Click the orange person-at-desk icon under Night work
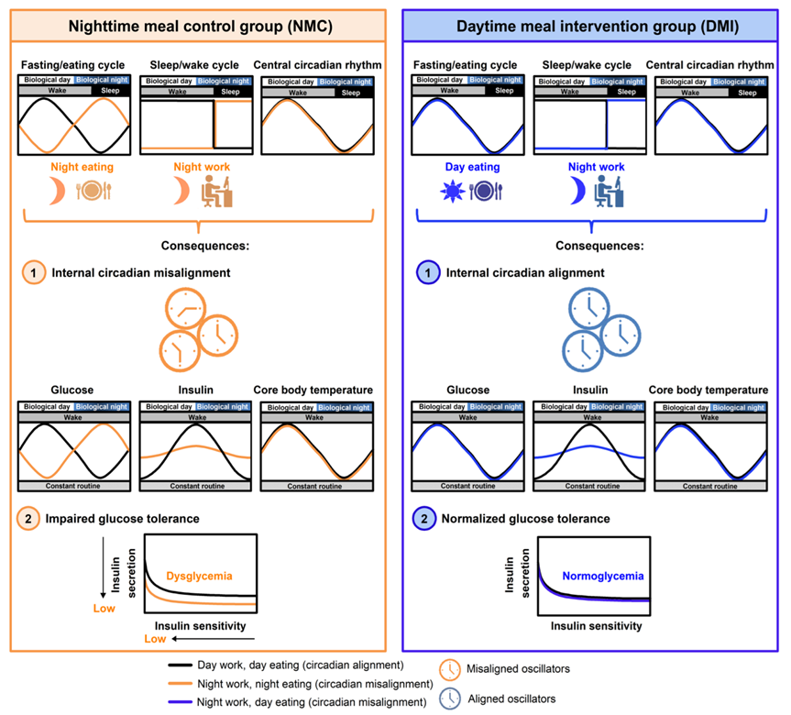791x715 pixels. click(x=212, y=190)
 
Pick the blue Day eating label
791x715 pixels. click(x=464, y=168)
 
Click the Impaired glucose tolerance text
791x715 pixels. click(x=126, y=519)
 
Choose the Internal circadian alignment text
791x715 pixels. click(x=533, y=272)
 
